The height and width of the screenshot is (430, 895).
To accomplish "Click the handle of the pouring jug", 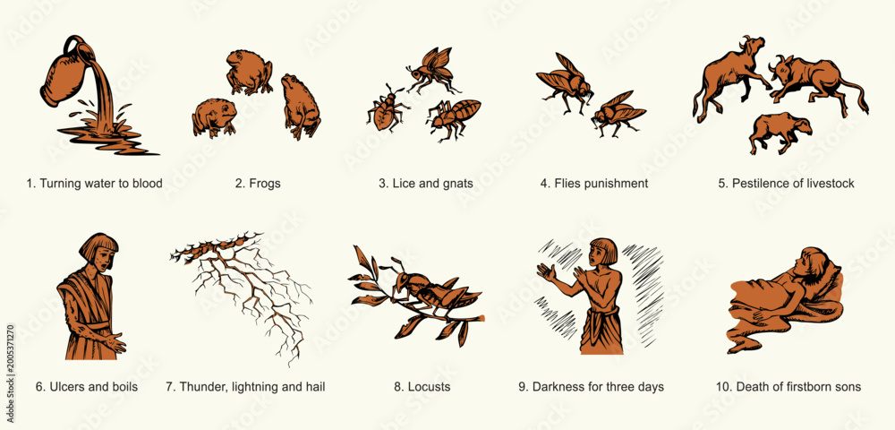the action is pyautogui.click(x=73, y=45).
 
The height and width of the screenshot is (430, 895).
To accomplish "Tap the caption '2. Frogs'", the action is pyautogui.click(x=258, y=184).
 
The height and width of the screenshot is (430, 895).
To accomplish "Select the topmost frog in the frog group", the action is pyautogui.click(x=249, y=72).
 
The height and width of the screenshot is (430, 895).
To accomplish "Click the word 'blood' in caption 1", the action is pyautogui.click(x=148, y=184).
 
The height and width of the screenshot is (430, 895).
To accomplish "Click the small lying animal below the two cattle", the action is pyautogui.click(x=780, y=133).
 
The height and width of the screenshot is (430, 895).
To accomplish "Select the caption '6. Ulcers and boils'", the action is pyautogui.click(x=87, y=387).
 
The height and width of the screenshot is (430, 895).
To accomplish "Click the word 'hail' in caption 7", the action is pyautogui.click(x=314, y=387).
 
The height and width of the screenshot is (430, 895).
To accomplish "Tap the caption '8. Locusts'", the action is pyautogui.click(x=422, y=387).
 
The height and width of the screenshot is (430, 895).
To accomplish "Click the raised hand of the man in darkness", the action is pyautogui.click(x=546, y=271).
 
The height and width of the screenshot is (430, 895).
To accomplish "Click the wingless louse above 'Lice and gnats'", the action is pyautogui.click(x=386, y=108).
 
